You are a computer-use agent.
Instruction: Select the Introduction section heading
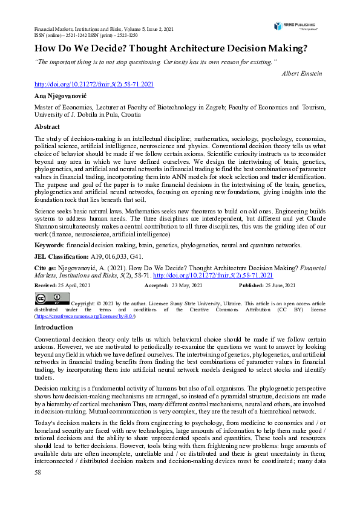(x=54, y=327)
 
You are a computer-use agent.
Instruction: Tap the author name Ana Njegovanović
(x=61, y=96)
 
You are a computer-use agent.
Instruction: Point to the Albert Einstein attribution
(x=302, y=73)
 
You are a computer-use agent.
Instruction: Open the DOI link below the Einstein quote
(x=94, y=85)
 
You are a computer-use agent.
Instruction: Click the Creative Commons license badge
(x=51, y=299)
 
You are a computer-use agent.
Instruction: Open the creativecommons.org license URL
(x=85, y=316)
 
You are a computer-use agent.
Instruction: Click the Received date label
(x=47, y=285)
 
